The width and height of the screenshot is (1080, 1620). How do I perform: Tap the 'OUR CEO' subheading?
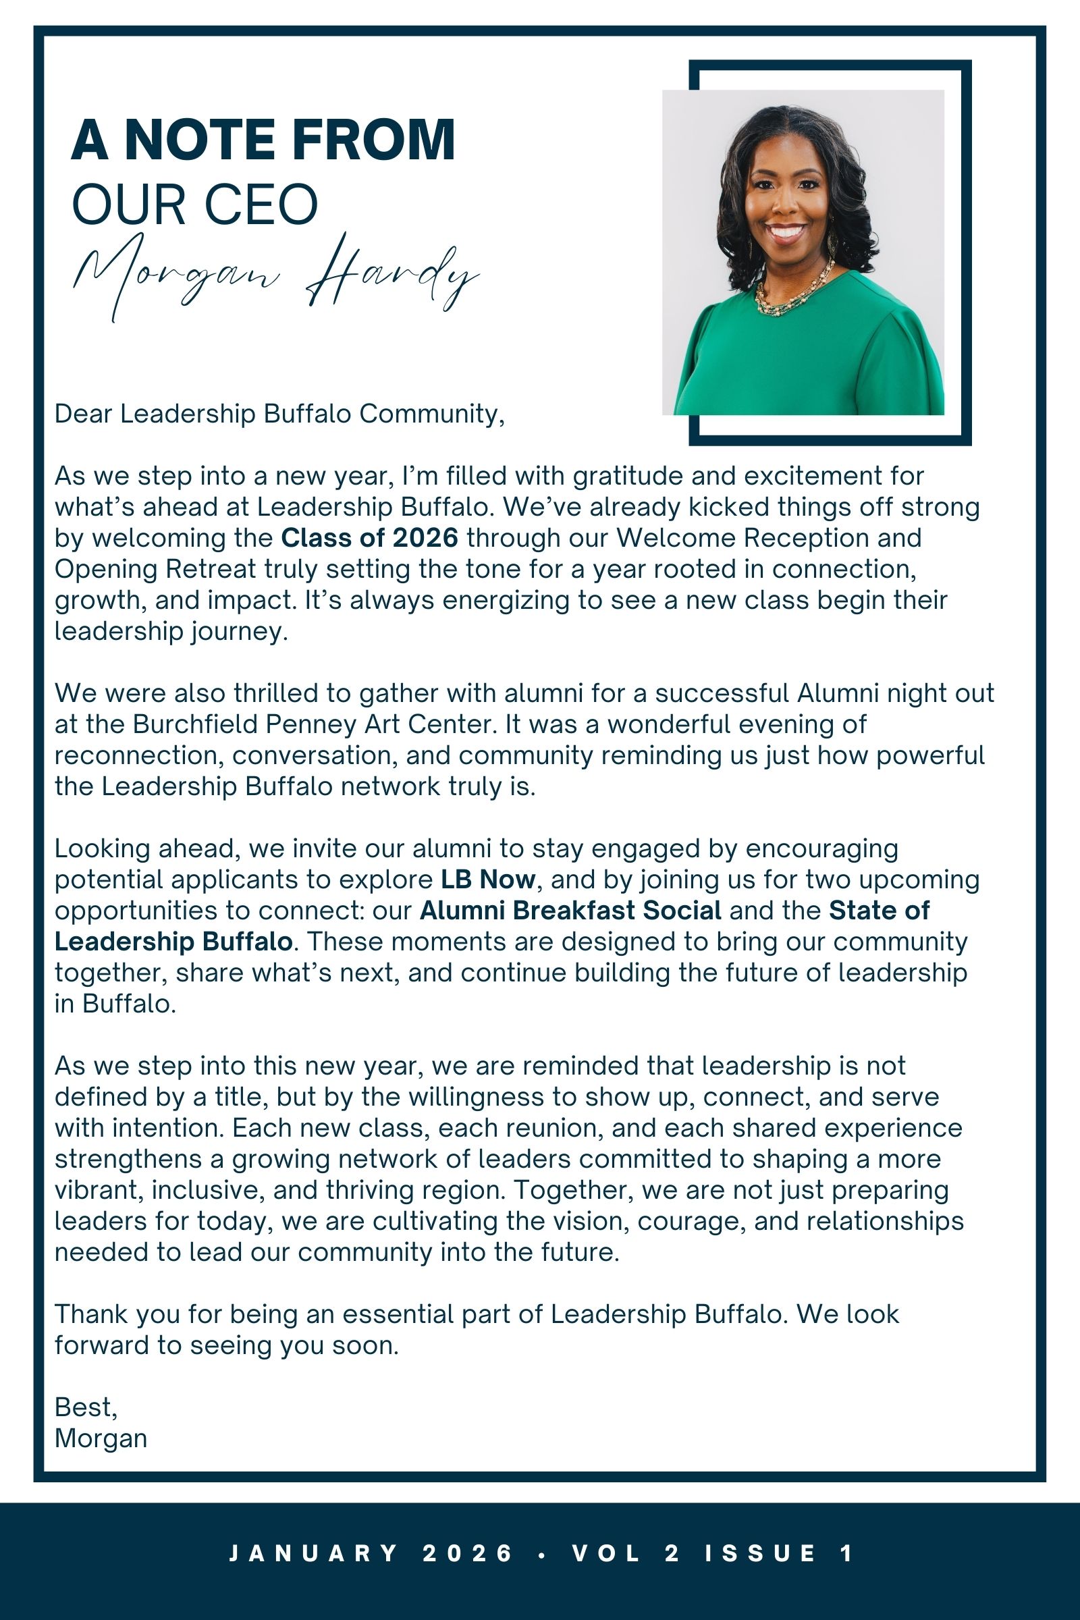[195, 205]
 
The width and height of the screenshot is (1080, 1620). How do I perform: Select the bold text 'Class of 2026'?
[369, 538]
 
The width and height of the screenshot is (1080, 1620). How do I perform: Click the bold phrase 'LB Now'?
[487, 880]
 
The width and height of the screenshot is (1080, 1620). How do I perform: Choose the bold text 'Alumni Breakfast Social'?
[570, 911]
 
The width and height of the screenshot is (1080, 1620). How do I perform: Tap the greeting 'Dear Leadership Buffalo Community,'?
[279, 414]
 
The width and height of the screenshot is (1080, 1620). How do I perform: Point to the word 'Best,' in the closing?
[86, 1407]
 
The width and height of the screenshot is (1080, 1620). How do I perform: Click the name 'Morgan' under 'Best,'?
[101, 1438]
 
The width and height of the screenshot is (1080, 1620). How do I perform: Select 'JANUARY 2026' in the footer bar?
[371, 1553]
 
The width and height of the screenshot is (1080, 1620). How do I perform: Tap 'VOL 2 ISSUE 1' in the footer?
[713, 1553]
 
